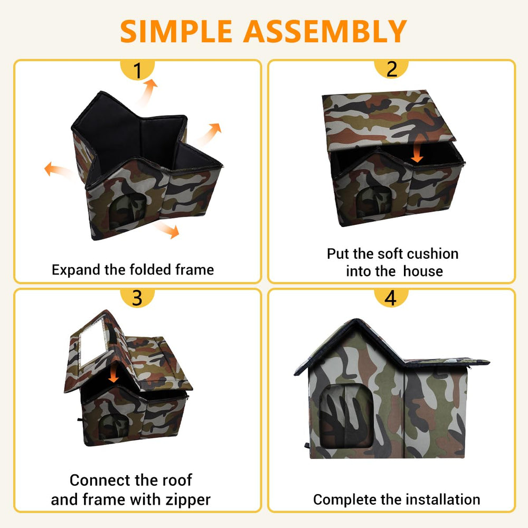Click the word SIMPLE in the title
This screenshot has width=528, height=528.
pos(176,31)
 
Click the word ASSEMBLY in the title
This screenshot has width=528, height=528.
pos(325,31)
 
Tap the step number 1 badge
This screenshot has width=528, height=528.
pos(137,70)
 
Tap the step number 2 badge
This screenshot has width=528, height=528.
pos(391,69)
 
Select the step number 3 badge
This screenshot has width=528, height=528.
pos(137,298)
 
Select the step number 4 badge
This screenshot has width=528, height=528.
pos(391,298)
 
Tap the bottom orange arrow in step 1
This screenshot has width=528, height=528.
pos(167,230)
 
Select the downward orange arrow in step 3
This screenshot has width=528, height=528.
pos(114,373)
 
